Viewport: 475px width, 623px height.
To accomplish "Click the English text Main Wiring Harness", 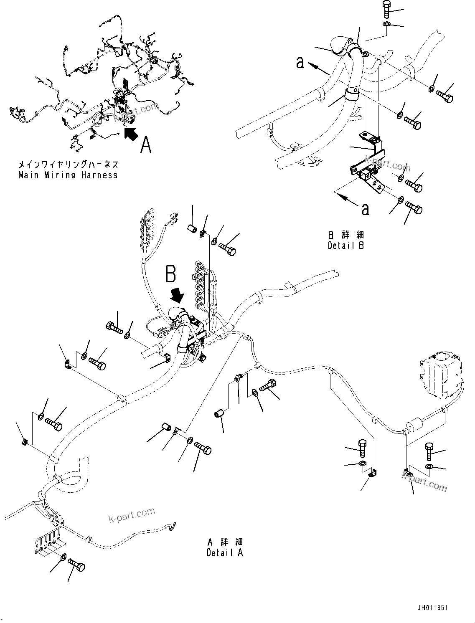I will pyautogui.click(x=68, y=175).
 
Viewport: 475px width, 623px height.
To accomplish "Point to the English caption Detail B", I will pyautogui.click(x=345, y=246).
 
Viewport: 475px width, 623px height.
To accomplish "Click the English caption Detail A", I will pyautogui.click(x=225, y=552).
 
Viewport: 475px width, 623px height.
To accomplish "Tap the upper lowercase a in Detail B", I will pyautogui.click(x=300, y=63).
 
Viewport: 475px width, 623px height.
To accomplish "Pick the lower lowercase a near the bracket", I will pyautogui.click(x=365, y=209).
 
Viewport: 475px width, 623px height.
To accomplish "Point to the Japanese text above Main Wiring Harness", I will pyautogui.click(x=68, y=165).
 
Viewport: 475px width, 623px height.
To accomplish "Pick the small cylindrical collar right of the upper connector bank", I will pyautogui.click(x=192, y=229).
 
